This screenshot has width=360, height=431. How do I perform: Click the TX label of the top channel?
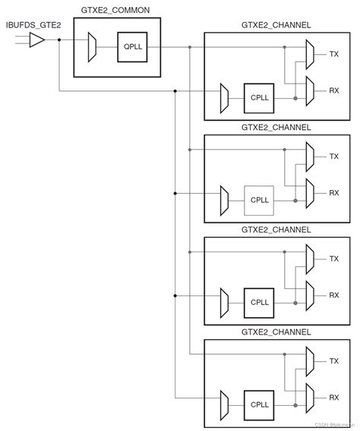coord(333,54)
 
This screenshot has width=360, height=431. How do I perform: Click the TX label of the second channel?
coord(333,156)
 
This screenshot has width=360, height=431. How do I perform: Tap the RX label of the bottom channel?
coord(333,396)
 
